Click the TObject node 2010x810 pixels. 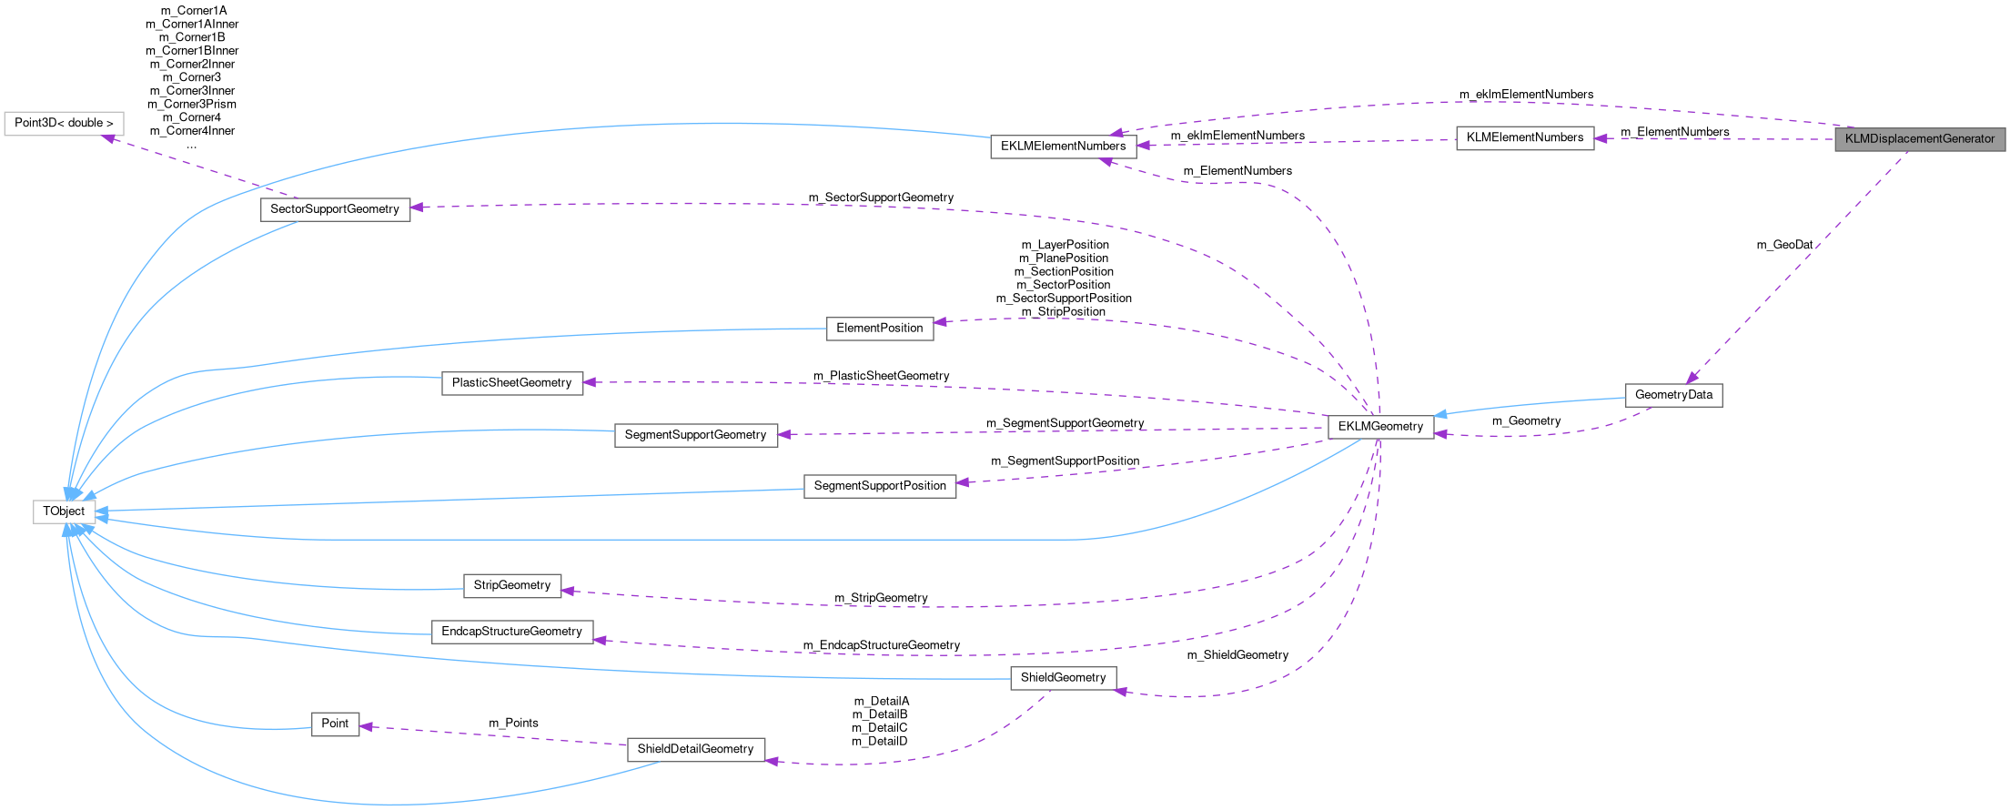coord(64,511)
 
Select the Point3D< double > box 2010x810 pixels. coord(64,123)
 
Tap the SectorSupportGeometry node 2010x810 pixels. coord(334,209)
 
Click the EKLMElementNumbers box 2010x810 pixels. coord(1063,146)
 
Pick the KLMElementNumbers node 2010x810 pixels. coord(1524,138)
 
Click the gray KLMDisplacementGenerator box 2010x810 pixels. coord(1919,139)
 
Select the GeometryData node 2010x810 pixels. coord(1672,395)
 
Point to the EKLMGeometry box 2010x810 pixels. coord(1379,427)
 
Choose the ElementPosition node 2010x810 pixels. coord(879,329)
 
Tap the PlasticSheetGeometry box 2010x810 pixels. coord(511,383)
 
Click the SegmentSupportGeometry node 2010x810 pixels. coord(695,435)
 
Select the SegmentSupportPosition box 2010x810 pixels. coord(879,486)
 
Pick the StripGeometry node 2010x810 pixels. coord(511,585)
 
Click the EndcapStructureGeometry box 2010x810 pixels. coord(511,632)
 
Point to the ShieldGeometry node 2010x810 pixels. coord(1062,678)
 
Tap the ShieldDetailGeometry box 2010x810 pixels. coord(695,749)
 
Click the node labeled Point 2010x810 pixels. coord(335,724)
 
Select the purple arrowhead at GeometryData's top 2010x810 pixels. coord(1691,378)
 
